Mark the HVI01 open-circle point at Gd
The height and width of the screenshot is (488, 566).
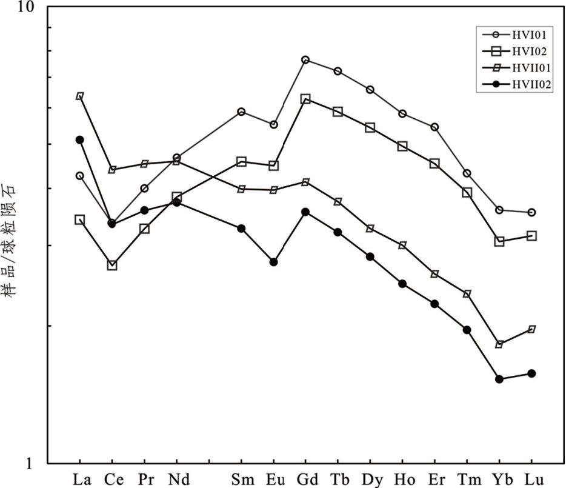305,60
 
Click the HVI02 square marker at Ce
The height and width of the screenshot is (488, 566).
112,265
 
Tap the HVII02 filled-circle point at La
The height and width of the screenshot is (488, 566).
79,139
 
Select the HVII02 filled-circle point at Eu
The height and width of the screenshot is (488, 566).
273,262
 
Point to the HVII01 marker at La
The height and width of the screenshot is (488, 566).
79,96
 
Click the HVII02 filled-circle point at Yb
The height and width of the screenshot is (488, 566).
499,379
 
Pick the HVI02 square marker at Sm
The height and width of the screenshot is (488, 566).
241,162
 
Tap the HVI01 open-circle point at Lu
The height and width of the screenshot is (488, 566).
531,212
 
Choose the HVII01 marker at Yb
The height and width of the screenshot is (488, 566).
499,344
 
